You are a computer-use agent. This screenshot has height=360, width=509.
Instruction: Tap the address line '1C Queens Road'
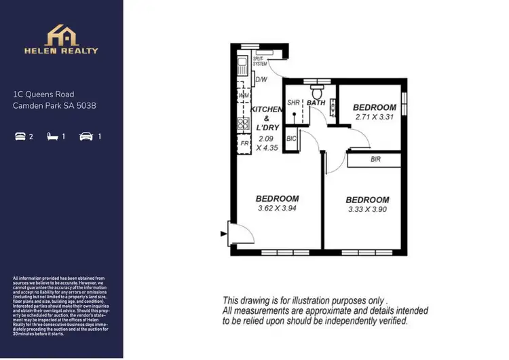pyautogui.click(x=43, y=94)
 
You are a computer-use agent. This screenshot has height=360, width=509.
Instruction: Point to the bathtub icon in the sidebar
pyautogui.click(x=19, y=137)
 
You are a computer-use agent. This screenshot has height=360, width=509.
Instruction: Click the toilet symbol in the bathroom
pyautogui.click(x=316, y=90)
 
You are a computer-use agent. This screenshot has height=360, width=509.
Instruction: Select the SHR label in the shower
pyautogui.click(x=293, y=103)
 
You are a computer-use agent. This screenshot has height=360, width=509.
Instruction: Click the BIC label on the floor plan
pyautogui.click(x=291, y=139)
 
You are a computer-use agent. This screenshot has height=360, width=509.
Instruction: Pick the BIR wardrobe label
pyautogui.click(x=375, y=160)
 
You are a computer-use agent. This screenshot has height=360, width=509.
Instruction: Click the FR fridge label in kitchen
pyautogui.click(x=243, y=143)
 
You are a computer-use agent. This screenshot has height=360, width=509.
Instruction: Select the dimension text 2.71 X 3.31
pyautogui.click(x=375, y=117)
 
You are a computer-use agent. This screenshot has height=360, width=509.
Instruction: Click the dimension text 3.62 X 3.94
pyautogui.click(x=278, y=208)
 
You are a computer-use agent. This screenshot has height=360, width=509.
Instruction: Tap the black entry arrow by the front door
pyautogui.click(x=223, y=234)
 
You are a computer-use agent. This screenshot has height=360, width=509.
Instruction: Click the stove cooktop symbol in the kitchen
pyautogui.click(x=243, y=123)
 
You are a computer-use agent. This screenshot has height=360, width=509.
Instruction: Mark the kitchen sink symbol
pyautogui.click(x=242, y=66)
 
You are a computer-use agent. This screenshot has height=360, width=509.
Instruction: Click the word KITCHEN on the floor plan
pyautogui.click(x=267, y=109)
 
